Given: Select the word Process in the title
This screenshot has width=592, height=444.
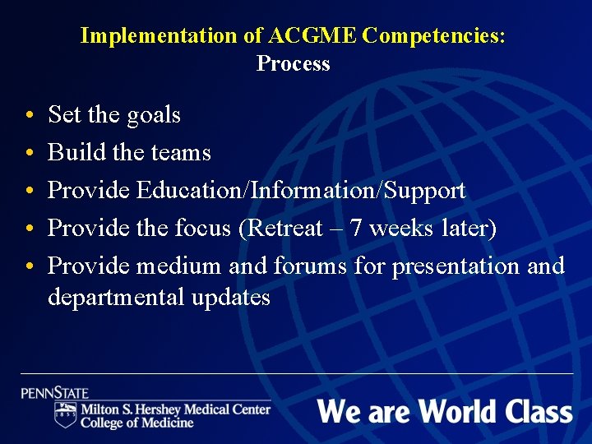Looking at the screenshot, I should click(x=293, y=63).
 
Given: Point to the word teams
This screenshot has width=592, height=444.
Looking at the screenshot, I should click(x=183, y=153).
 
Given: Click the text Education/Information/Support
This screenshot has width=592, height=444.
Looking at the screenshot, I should click(x=301, y=190).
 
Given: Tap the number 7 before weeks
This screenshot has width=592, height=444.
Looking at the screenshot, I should click(x=357, y=228).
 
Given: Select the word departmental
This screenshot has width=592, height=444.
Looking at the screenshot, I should click(x=116, y=297).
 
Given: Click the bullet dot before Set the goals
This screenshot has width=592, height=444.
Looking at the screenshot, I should click(x=30, y=116).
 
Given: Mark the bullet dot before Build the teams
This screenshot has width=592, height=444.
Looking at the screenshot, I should click(x=30, y=154).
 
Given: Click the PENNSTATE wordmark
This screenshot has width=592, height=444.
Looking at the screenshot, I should click(x=55, y=393).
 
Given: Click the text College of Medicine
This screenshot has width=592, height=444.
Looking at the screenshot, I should click(x=137, y=423).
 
